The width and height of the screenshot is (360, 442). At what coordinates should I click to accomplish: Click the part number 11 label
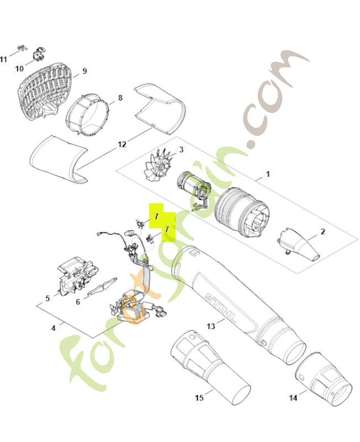pyautogui.click(x=4, y=59)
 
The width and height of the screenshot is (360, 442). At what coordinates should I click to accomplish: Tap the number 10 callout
pyautogui.click(x=19, y=69)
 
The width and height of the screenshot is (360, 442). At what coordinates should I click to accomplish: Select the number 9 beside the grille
pyautogui.click(x=84, y=71)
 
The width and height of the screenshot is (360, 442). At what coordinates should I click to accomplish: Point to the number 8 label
pyautogui.click(x=119, y=99)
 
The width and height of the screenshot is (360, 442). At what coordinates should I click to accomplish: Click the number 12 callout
pyautogui.click(x=122, y=145)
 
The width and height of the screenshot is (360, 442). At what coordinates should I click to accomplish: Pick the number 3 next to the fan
pyautogui.click(x=181, y=149)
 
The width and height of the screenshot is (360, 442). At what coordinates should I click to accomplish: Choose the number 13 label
pyautogui.click(x=211, y=326)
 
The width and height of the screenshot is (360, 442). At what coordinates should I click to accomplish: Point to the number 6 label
pyautogui.click(x=78, y=302)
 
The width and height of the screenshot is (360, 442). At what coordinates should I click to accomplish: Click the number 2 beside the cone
pyautogui.click(x=322, y=232)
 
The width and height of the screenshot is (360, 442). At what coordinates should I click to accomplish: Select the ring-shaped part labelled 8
pyautogui.click(x=88, y=118)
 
